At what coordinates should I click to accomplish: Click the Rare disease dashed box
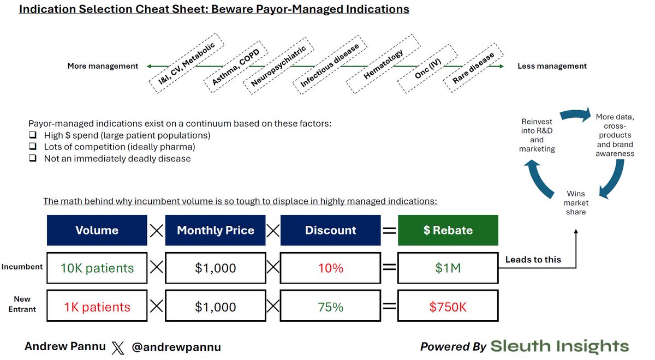tap(474, 68)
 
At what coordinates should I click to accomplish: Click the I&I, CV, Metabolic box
tap(187, 64)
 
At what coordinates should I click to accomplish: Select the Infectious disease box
tap(330, 66)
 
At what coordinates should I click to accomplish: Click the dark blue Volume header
tap(97, 230)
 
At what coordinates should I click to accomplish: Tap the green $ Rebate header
tap(448, 230)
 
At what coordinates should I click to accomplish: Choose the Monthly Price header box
tap(216, 230)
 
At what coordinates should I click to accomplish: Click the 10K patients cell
tap(97, 268)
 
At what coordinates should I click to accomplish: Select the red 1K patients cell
tap(97, 307)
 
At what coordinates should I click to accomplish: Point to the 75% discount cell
tap(331, 307)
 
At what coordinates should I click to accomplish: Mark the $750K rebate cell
tap(448, 307)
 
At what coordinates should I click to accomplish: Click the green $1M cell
tap(448, 268)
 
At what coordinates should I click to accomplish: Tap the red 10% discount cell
tap(331, 268)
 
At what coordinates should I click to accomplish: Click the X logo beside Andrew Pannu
tap(118, 347)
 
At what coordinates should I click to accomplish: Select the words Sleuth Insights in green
tap(559, 346)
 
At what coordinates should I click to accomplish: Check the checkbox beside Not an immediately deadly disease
tap(33, 158)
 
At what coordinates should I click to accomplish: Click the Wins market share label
tap(576, 202)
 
